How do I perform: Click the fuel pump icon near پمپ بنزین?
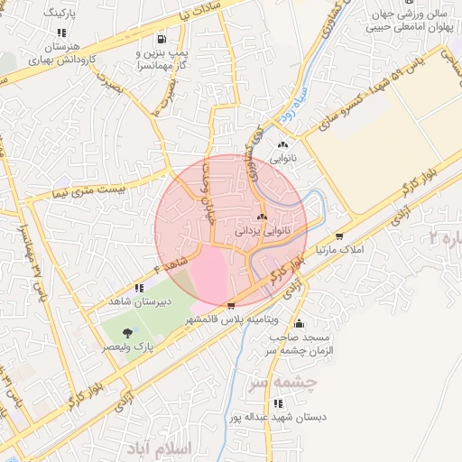click(162, 39)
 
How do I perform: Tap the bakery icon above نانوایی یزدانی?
click(263, 217)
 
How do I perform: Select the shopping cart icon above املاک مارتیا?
click(339, 210)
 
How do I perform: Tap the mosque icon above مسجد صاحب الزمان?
click(299, 323)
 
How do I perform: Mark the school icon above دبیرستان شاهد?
click(138, 288)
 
